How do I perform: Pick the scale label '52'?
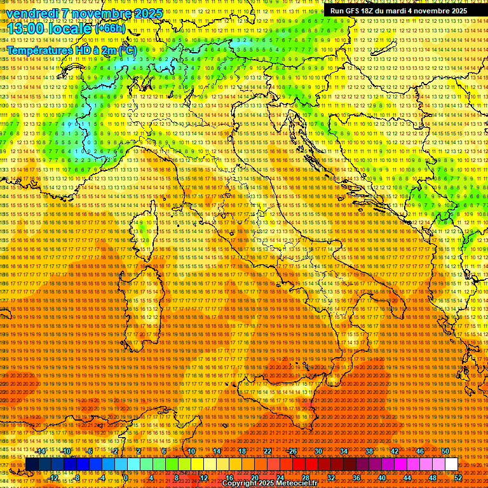pyautogui.click(x=458, y=478)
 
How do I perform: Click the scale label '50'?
pyautogui.click(x=445, y=451)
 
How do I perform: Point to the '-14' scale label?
pyautogui.click(x=41, y=451)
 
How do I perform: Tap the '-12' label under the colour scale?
pyautogui.click(x=53, y=478)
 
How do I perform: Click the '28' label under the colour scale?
pyautogui.click(x=306, y=478)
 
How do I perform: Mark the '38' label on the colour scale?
pyautogui.click(x=369, y=451)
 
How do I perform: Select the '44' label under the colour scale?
pyautogui.click(x=407, y=478)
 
